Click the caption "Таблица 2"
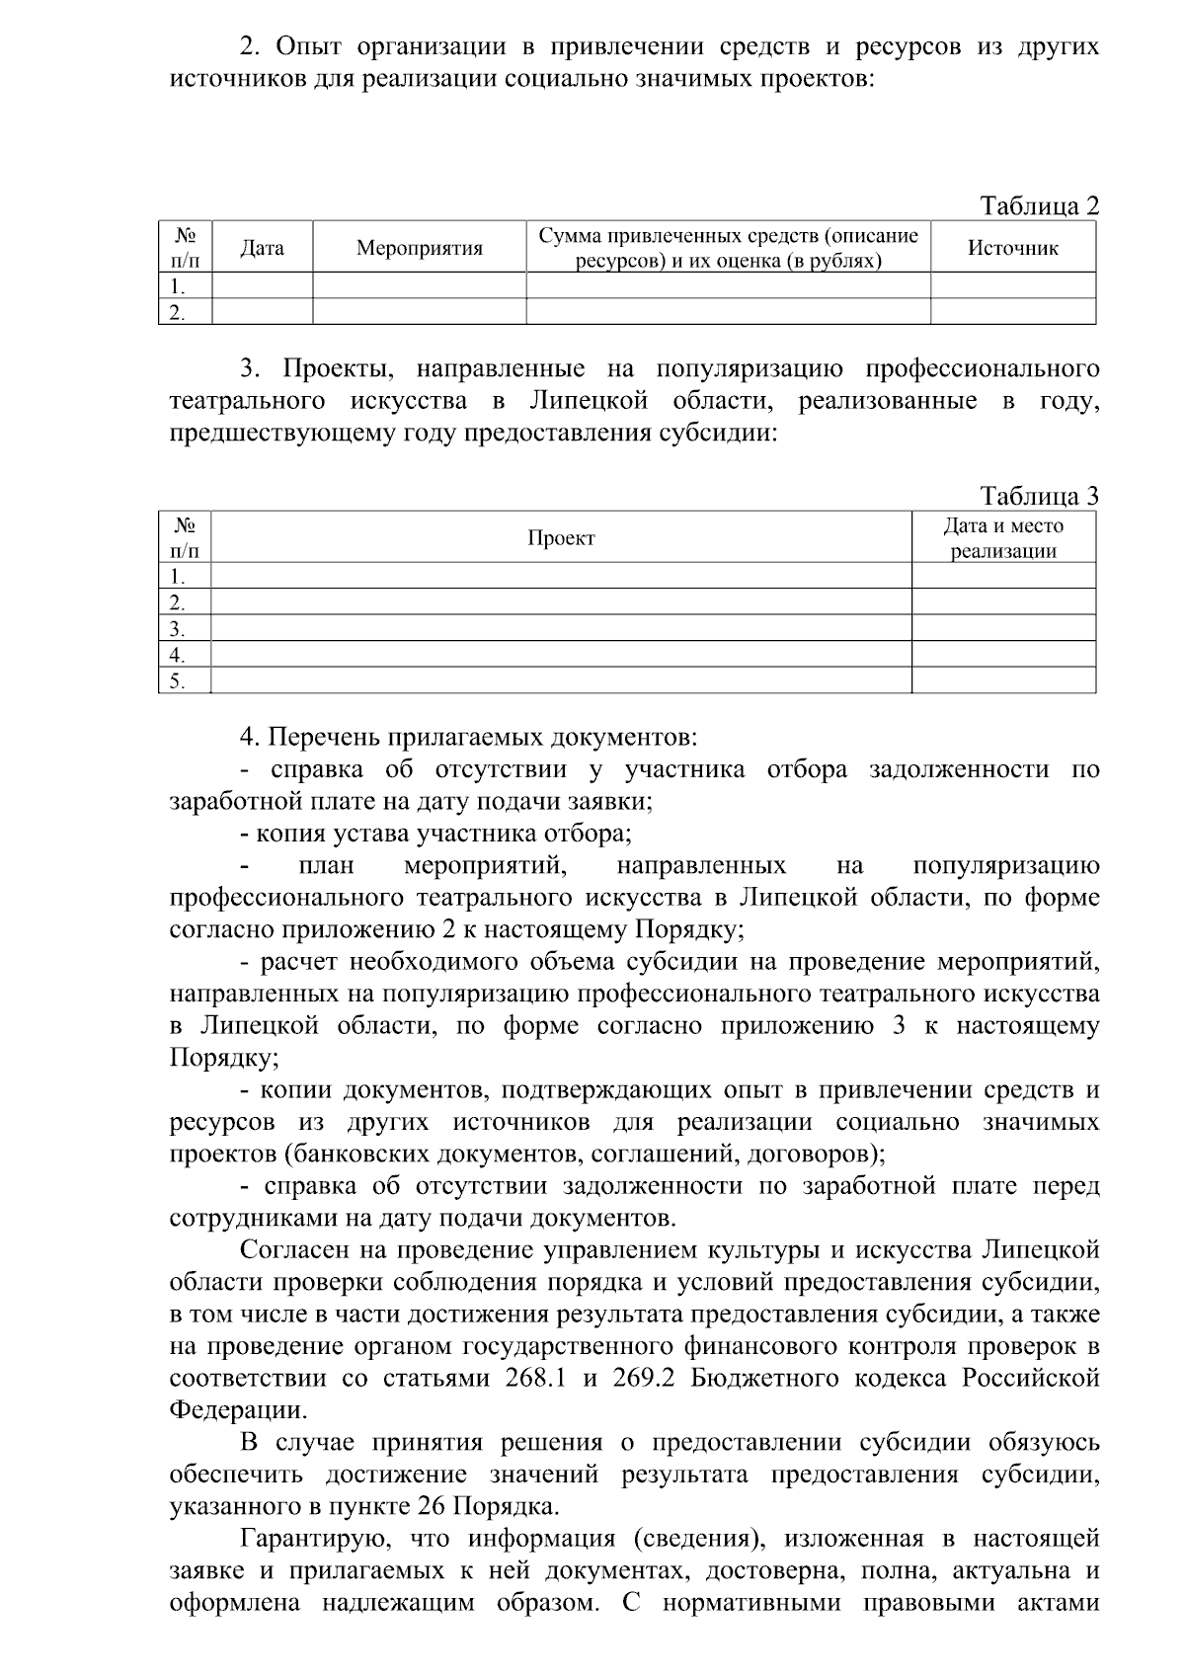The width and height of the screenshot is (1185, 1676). tap(1038, 205)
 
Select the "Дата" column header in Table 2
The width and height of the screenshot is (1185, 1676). tap(262, 248)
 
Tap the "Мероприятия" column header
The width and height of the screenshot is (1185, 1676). tap(419, 248)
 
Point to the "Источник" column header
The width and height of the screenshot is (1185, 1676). tap(1012, 248)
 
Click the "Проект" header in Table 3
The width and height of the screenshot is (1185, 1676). tap(561, 538)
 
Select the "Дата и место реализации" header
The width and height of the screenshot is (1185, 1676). tap(1003, 538)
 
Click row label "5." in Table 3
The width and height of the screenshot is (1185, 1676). tap(178, 680)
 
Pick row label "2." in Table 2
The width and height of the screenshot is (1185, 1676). tap(178, 312)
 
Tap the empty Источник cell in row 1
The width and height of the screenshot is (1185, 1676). tap(1012, 286)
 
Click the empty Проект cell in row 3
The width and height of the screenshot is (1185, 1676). tap(561, 628)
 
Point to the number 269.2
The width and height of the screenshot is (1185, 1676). tap(643, 1378)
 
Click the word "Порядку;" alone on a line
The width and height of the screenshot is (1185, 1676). tap(223, 1058)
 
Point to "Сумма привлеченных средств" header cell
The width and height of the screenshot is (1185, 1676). tap(728, 248)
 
